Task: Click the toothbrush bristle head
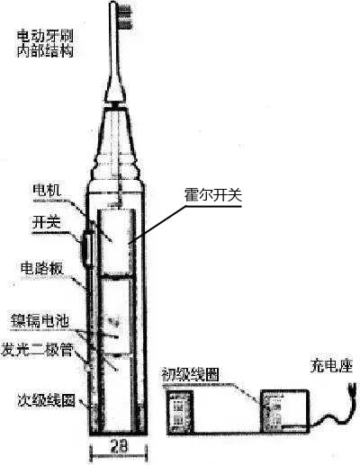point(126,16)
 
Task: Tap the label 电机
point(47,190)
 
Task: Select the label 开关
point(47,222)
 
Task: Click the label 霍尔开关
point(213,195)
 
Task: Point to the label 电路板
point(42,269)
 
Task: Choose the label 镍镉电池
point(40,321)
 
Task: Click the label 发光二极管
point(37,350)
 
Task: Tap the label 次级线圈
point(46,399)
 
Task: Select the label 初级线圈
point(191,374)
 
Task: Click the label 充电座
point(331,366)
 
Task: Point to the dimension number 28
point(119,446)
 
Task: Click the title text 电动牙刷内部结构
point(45,44)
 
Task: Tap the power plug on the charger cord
point(353,390)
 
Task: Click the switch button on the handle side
point(86,249)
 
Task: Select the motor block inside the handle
point(116,242)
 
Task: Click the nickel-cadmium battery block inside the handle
point(116,317)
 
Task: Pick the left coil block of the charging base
point(180,412)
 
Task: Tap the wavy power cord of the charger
point(330,416)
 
